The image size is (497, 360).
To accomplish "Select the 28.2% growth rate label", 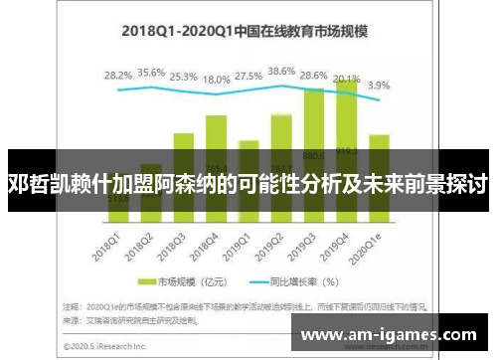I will coord(118,75).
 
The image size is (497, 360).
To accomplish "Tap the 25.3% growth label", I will coord(183,76).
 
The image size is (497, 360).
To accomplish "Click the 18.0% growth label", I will coord(216,79).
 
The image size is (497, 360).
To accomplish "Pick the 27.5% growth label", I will coord(249,76).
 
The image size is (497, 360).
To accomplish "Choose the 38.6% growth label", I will coord(282,71).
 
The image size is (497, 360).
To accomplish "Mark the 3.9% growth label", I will coord(379,86).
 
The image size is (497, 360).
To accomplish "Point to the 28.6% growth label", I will coord(314,76).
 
